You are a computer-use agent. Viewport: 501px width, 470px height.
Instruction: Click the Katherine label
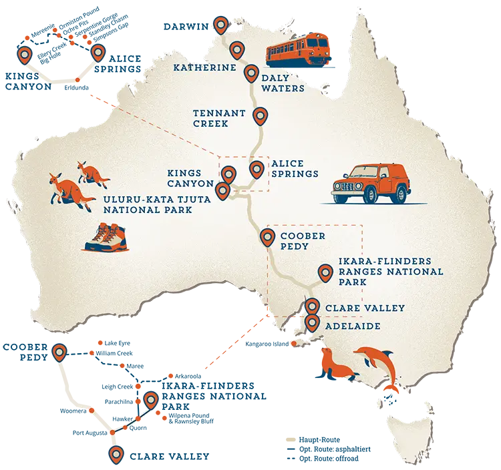(x=196, y=68)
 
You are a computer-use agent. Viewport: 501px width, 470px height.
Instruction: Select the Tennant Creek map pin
(x=260, y=117)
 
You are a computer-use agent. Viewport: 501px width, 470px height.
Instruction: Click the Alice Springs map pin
(x=257, y=170)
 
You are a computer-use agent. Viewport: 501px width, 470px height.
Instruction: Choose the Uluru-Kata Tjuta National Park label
(x=148, y=204)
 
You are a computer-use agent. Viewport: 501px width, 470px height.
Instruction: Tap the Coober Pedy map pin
(x=267, y=236)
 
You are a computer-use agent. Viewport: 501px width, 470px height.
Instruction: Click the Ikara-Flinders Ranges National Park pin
(x=325, y=272)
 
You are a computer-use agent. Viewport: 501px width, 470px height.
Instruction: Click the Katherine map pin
(x=236, y=49)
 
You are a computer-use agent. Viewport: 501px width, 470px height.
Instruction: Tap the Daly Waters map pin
(x=251, y=73)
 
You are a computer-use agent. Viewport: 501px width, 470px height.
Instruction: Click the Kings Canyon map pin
(x=228, y=174)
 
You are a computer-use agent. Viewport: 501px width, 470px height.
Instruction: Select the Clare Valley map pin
(x=312, y=306)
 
